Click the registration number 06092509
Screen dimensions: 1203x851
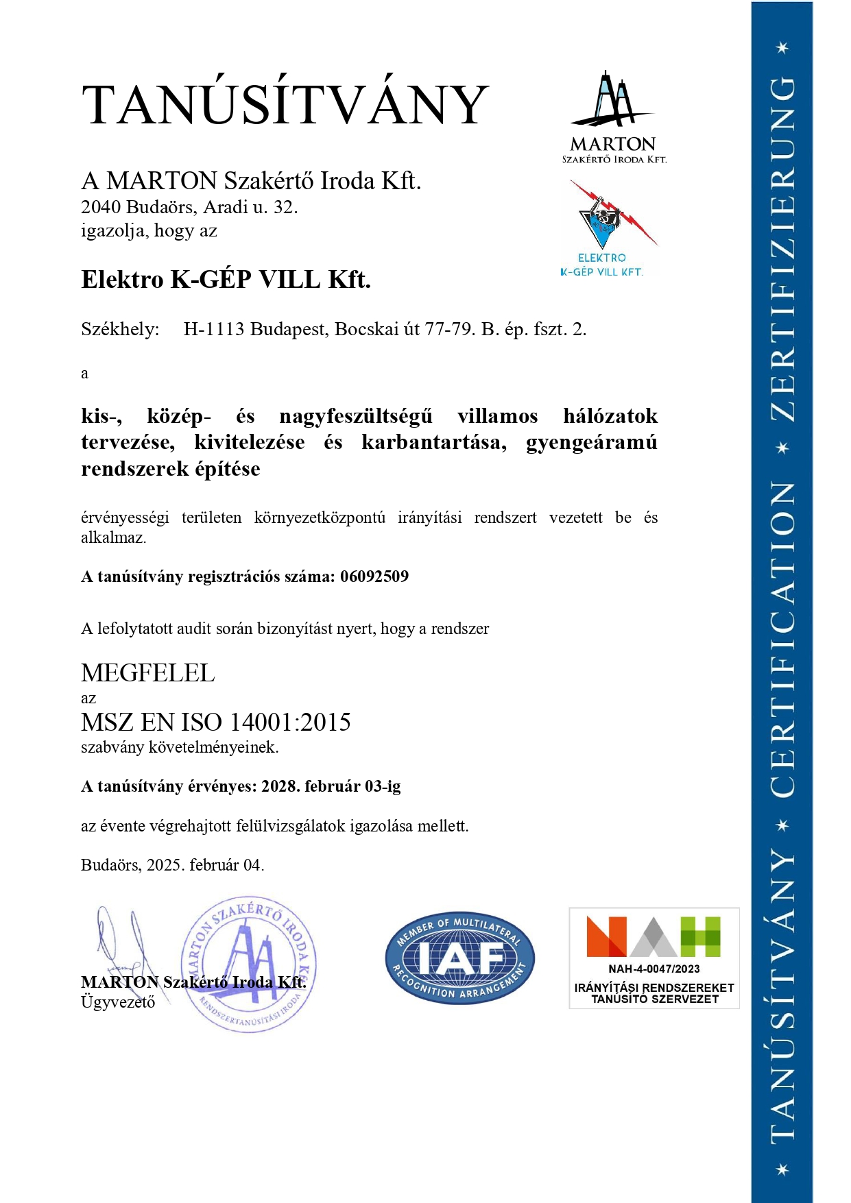(x=374, y=576)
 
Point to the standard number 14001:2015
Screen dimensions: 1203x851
(x=290, y=722)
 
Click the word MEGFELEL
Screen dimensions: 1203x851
(x=148, y=673)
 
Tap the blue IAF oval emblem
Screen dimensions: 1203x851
(x=459, y=958)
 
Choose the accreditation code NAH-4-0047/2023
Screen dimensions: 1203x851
(x=654, y=969)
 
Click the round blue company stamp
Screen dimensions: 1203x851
(x=248, y=963)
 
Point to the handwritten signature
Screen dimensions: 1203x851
(x=123, y=943)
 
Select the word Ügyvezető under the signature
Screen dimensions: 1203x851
(x=118, y=1002)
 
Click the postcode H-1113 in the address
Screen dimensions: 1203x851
(x=213, y=330)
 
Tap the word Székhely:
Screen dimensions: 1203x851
(x=120, y=330)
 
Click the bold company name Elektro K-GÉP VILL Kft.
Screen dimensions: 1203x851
(x=226, y=280)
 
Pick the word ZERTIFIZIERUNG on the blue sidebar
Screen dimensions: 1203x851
(x=782, y=248)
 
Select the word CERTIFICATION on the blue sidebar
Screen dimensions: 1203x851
(x=782, y=639)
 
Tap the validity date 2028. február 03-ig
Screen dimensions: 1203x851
(x=331, y=786)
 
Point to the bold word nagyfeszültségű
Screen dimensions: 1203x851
(x=356, y=416)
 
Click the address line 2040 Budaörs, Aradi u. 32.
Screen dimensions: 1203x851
(x=189, y=207)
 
